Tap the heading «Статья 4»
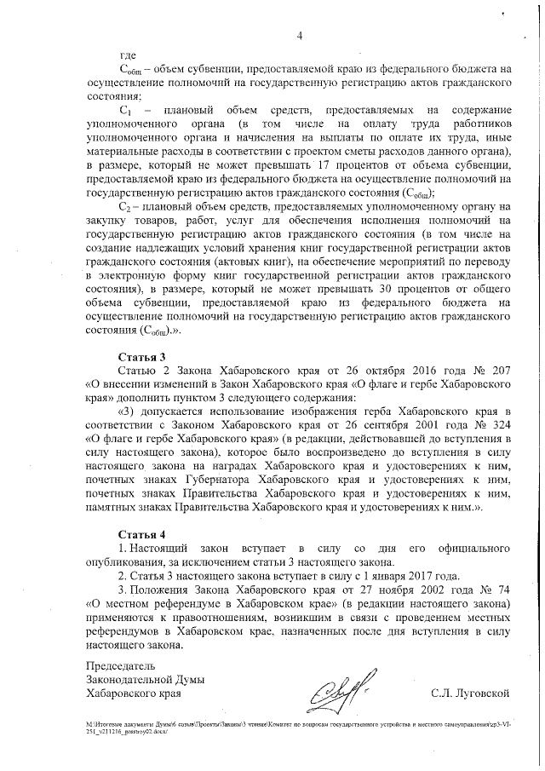[138, 534]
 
